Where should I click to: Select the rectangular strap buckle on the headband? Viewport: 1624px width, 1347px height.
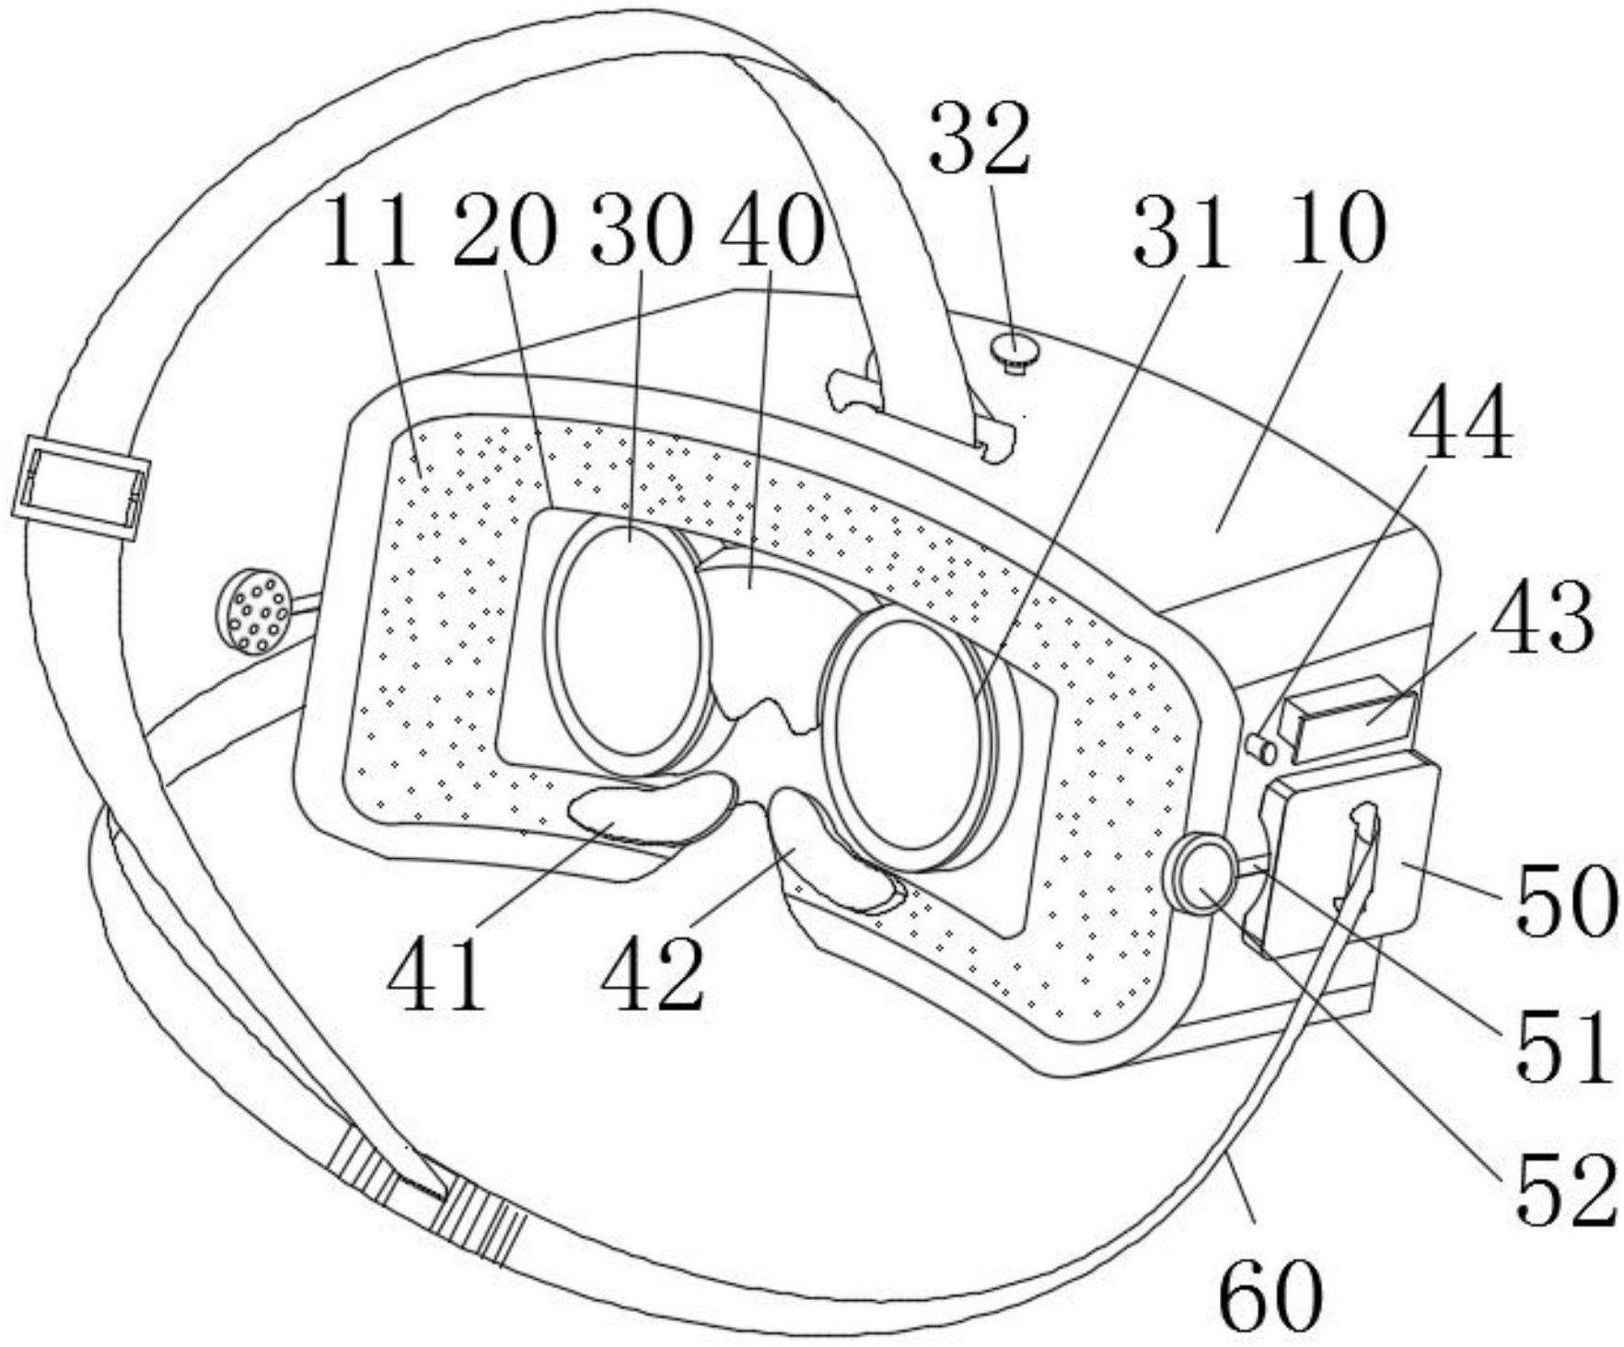(81, 488)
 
